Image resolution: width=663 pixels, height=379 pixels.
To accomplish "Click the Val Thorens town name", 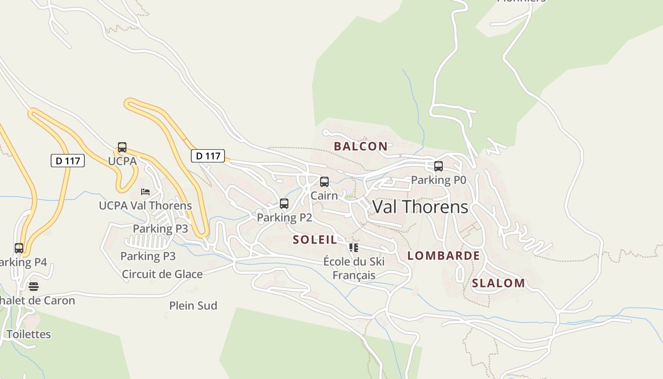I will tap(420, 207).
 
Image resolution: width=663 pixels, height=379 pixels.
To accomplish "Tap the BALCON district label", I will tap(360, 146).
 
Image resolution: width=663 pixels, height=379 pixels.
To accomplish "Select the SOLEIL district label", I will tap(315, 240).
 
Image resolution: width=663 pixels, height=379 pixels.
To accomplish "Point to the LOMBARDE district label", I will tap(444, 256).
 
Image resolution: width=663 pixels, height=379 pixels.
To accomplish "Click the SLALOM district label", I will tap(498, 283).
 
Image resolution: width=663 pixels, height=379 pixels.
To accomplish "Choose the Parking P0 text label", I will tap(439, 180).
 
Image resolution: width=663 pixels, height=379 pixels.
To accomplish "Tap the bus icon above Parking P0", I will tap(439, 166).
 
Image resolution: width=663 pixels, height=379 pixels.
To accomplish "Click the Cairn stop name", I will tap(324, 196).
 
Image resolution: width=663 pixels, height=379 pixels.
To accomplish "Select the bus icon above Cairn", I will tap(324, 182).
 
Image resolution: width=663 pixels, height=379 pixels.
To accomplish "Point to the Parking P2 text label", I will tap(284, 217).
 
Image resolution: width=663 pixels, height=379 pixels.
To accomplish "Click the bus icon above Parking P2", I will tap(284, 204).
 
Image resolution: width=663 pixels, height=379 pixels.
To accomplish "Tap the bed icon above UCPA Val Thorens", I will tap(145, 192).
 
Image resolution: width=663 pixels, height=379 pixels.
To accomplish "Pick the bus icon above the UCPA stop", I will tap(122, 147).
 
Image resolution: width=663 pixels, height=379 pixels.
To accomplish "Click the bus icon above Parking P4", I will tap(19, 248).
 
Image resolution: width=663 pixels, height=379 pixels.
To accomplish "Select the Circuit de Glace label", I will tap(162, 274).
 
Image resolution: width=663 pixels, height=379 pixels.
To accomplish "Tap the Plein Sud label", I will tap(193, 306).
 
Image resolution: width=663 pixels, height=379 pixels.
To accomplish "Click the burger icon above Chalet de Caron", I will tap(33, 287).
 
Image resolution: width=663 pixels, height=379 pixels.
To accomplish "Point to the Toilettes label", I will tap(28, 334).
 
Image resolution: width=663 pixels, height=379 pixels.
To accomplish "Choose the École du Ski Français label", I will tap(354, 268).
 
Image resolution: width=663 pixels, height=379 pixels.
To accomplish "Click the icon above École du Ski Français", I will tap(354, 248).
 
